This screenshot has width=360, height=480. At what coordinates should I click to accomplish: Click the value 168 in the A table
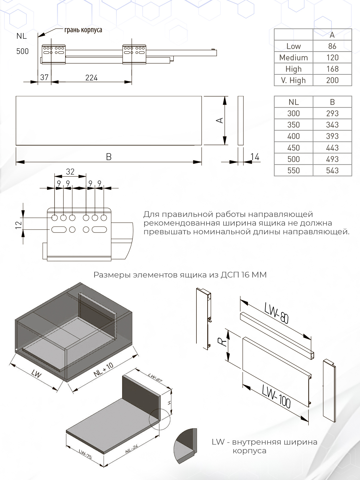click(332, 69)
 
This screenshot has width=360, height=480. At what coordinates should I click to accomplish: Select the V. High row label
click(293, 80)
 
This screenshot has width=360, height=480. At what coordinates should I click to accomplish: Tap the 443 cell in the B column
click(332, 148)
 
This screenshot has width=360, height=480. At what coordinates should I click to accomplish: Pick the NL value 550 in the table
click(293, 170)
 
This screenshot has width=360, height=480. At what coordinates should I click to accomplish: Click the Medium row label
click(293, 58)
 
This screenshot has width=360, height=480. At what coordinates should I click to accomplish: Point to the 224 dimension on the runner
click(91, 78)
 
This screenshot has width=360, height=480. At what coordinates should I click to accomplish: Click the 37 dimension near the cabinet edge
click(44, 77)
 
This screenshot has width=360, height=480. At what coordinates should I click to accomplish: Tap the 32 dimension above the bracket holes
click(70, 172)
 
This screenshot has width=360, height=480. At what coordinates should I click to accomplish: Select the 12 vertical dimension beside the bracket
click(19, 224)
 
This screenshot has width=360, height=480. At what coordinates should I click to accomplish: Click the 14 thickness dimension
click(255, 157)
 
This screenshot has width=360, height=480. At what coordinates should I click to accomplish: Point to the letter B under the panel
click(109, 157)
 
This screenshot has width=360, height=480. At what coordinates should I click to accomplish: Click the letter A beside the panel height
click(220, 120)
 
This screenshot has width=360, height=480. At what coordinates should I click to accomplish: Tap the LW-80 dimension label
click(277, 313)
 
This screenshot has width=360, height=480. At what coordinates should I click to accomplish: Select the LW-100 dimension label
click(276, 396)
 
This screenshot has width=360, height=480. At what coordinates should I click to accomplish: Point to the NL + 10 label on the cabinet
click(103, 370)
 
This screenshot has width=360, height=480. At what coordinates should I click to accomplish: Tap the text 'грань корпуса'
click(83, 30)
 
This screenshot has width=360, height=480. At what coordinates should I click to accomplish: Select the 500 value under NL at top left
click(22, 51)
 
